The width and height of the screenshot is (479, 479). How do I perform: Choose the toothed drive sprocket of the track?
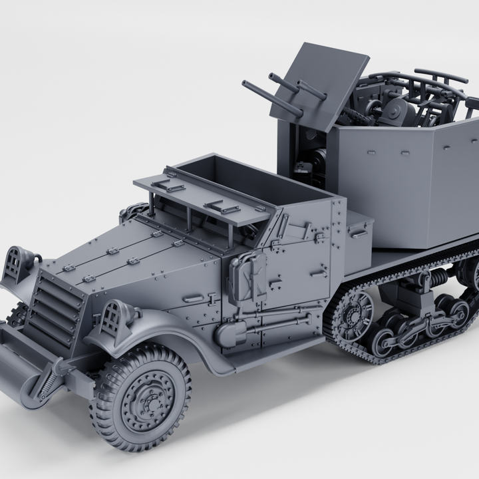[353, 316]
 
